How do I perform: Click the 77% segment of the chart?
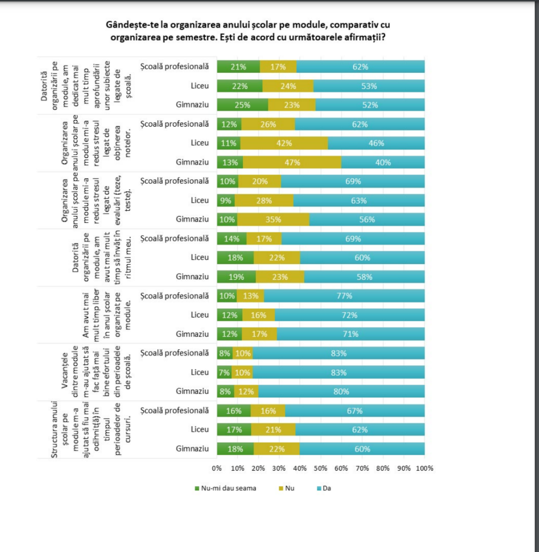344,295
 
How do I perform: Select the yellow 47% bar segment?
292,162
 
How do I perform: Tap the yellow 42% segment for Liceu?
284,143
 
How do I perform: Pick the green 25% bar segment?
242,105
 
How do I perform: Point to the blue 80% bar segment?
341,391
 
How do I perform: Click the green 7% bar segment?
224,372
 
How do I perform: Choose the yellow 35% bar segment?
274,219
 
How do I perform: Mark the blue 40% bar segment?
383,162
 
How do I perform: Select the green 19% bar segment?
236,277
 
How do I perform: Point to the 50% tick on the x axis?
321,468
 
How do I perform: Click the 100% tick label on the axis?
424,468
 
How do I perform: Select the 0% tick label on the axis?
217,468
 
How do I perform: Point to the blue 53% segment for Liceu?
369,86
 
